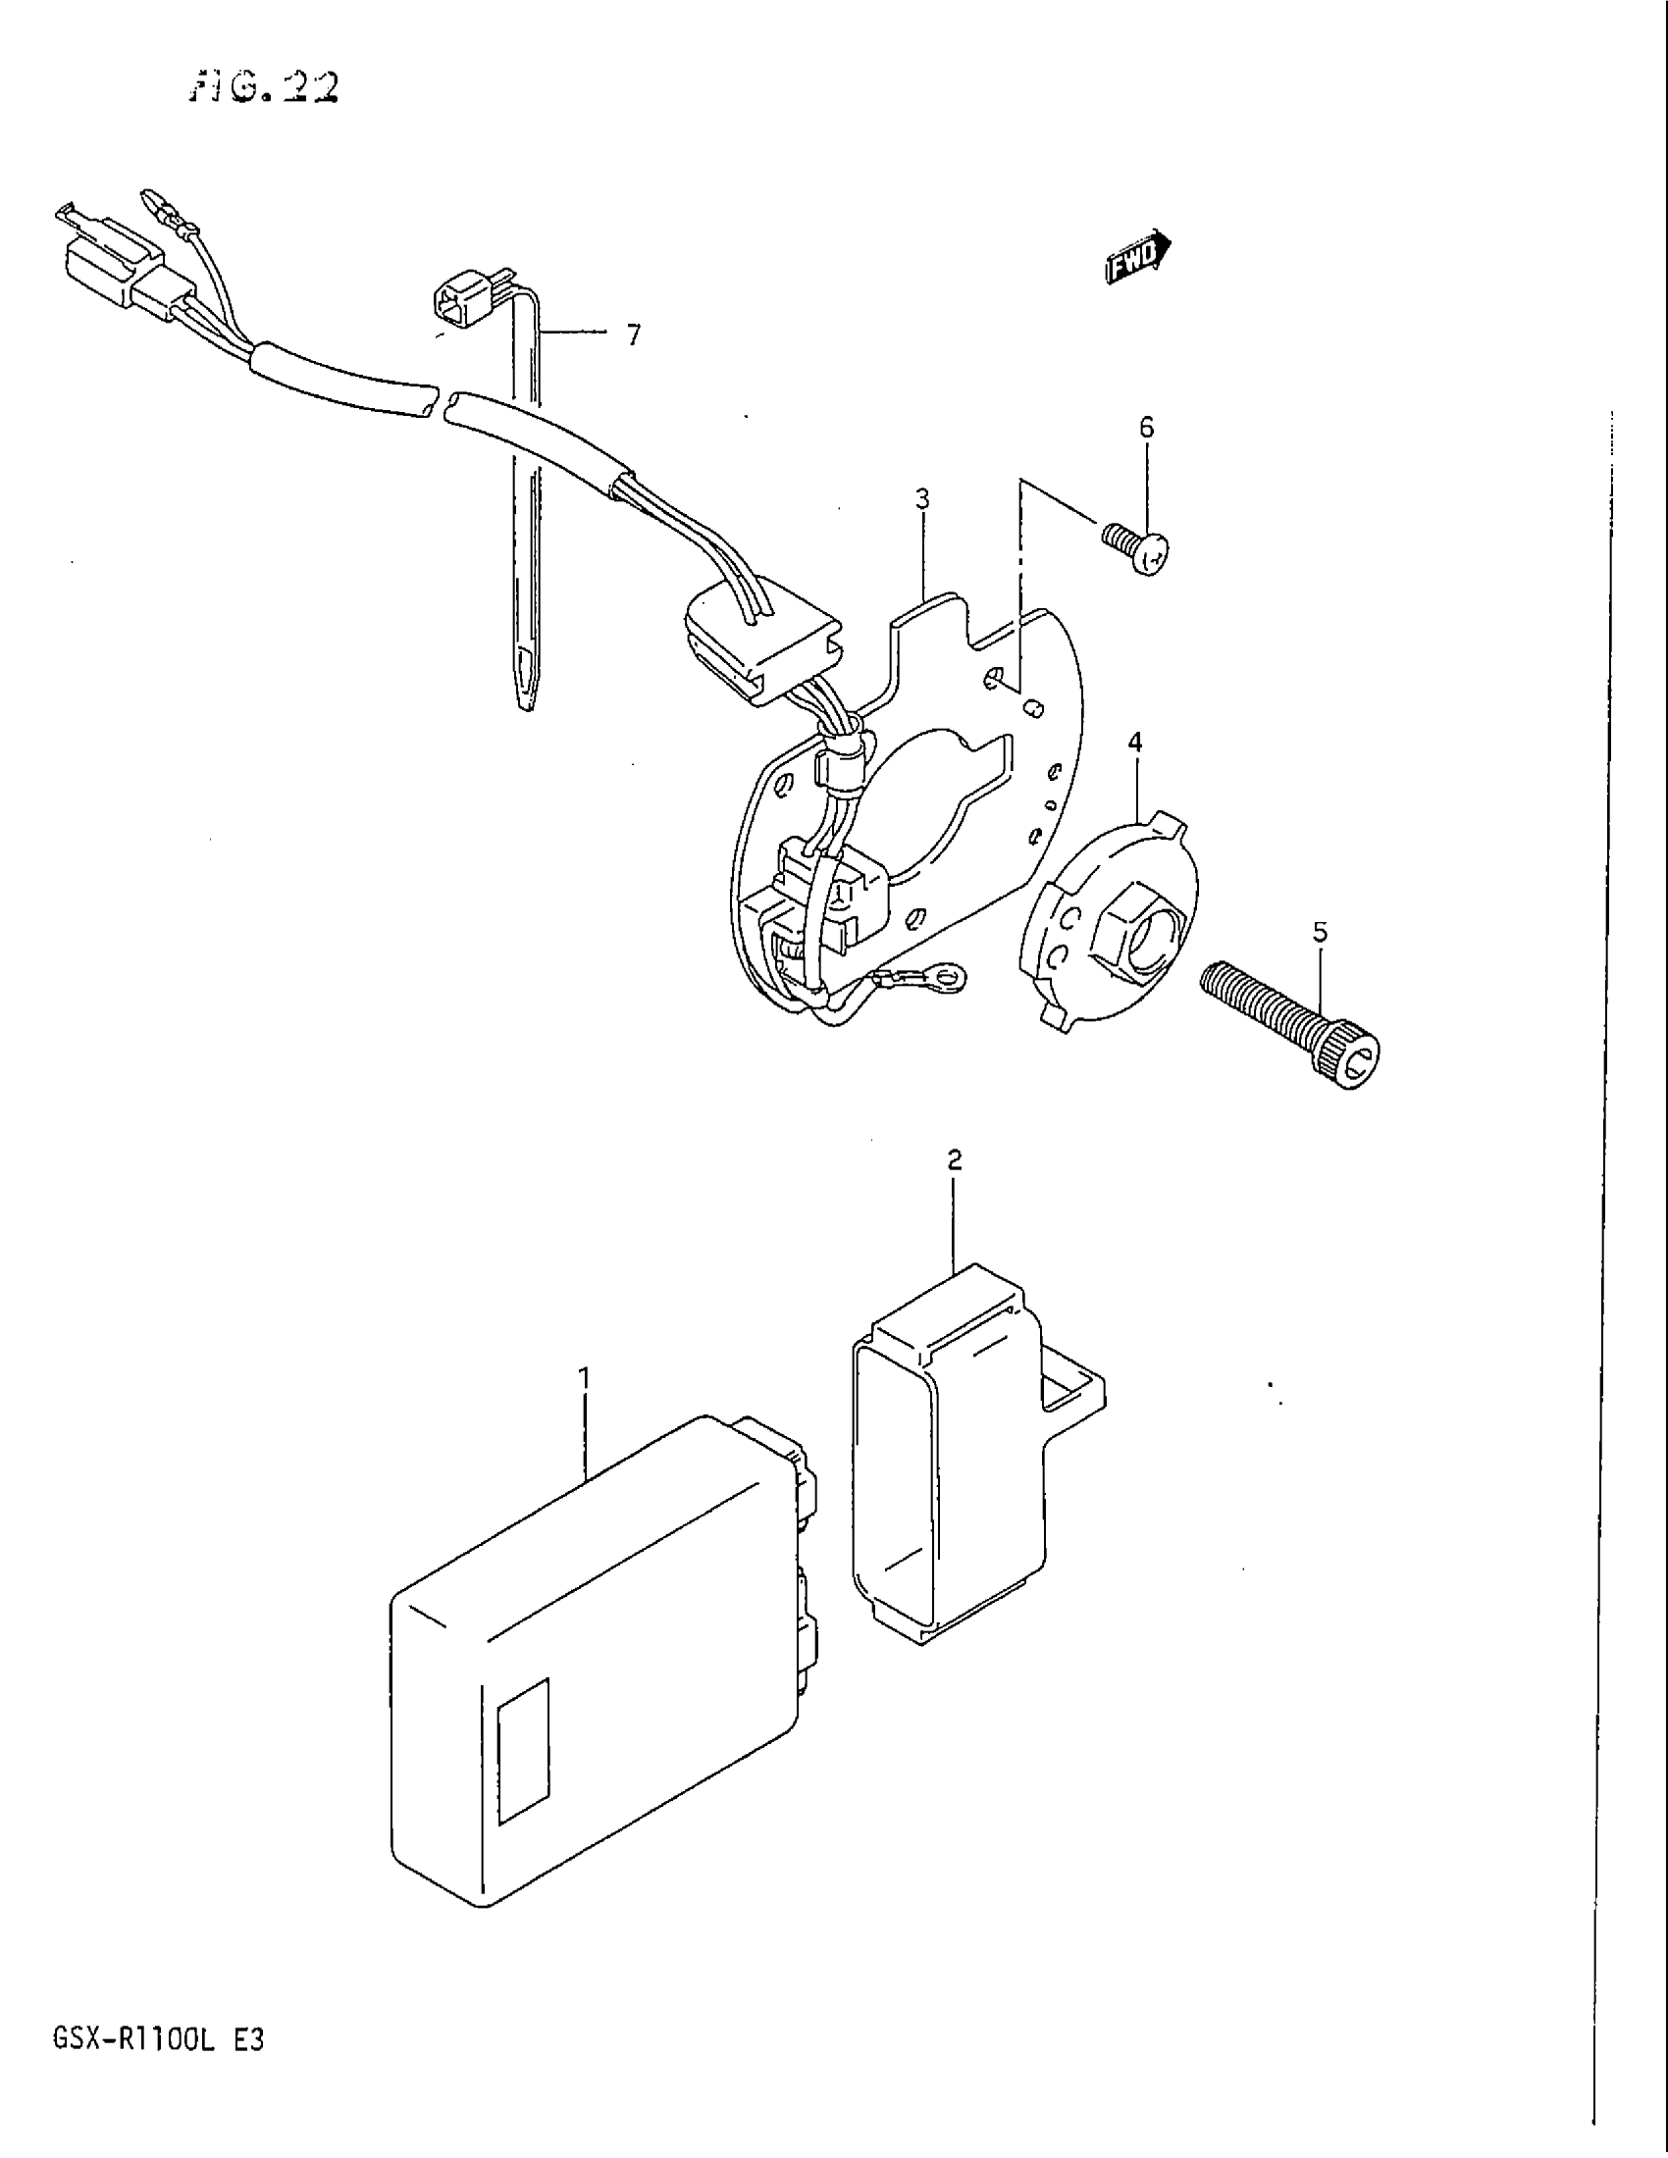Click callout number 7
(x=634, y=335)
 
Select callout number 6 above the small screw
(x=1146, y=427)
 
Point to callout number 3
(x=921, y=499)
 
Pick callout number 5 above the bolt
(x=1319, y=931)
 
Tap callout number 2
(x=954, y=1159)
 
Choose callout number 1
(x=584, y=1376)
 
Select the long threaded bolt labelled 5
(x=1289, y=1028)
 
